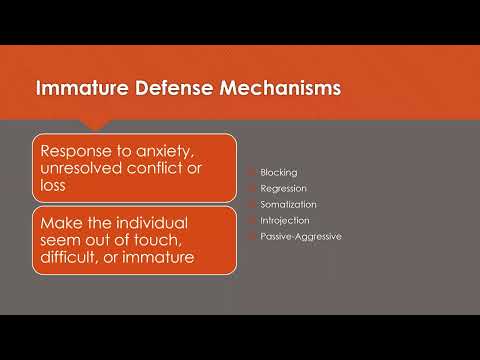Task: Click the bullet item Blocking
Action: pos(278,172)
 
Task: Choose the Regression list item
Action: pos(283,188)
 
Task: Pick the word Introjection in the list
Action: pos(284,220)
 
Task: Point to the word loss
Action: pos(57,187)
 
